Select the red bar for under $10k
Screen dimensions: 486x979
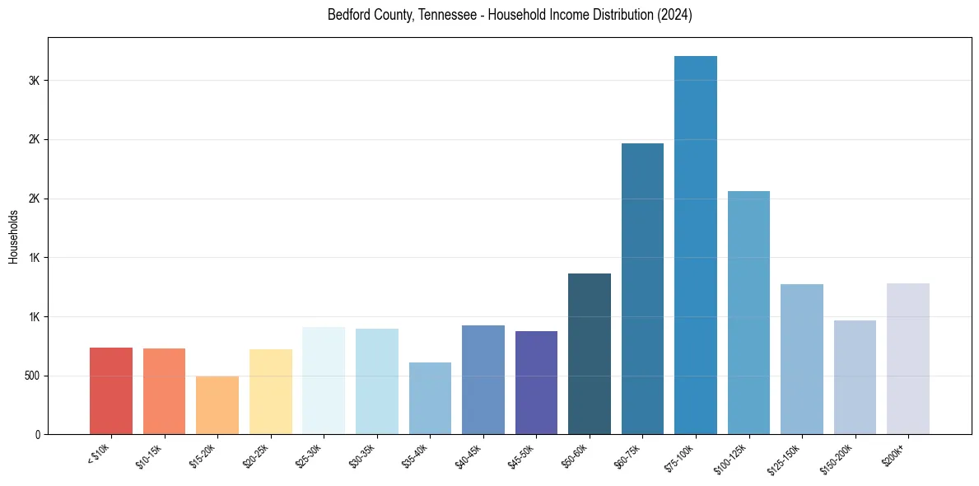(x=111, y=390)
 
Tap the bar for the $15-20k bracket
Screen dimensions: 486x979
(x=217, y=405)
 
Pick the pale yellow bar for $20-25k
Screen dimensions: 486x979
(x=271, y=391)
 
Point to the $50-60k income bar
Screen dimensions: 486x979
(x=590, y=353)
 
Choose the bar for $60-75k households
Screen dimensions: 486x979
(x=642, y=288)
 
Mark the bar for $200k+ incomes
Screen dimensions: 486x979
(x=908, y=358)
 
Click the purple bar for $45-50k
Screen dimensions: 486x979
(x=536, y=382)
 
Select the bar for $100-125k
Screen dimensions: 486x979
(x=748, y=312)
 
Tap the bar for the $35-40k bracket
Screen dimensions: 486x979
(x=430, y=398)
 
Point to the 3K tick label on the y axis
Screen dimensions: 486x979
(x=34, y=81)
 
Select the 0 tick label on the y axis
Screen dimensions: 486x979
(x=38, y=434)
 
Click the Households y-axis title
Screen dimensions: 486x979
(x=14, y=236)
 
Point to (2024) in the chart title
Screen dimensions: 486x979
(x=674, y=15)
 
